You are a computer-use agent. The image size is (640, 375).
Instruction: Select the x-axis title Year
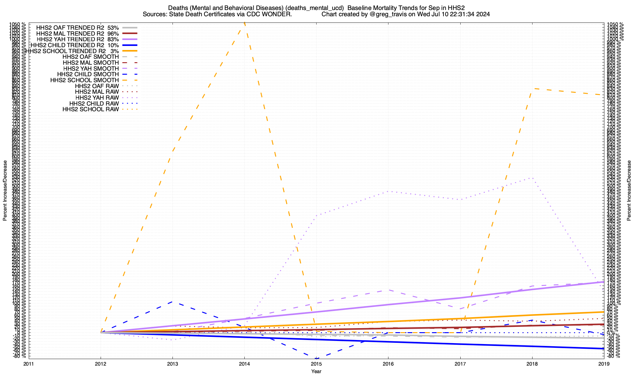(x=316, y=371)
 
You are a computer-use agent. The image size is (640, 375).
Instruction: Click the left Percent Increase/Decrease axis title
(x=5, y=191)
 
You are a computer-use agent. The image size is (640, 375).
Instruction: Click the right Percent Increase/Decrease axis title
(x=629, y=191)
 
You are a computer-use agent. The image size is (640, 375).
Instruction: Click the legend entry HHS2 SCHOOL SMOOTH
(x=85, y=80)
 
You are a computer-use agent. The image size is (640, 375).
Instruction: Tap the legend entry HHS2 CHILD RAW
(x=94, y=103)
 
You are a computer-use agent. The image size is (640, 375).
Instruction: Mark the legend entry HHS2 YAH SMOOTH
(x=91, y=68)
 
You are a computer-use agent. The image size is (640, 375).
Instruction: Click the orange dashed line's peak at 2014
(x=244, y=22)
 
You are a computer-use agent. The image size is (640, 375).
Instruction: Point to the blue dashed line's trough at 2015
(x=316, y=359)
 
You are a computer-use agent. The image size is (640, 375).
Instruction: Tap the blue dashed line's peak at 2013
(x=172, y=302)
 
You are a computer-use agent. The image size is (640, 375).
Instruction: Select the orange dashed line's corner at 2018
(x=532, y=88)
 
